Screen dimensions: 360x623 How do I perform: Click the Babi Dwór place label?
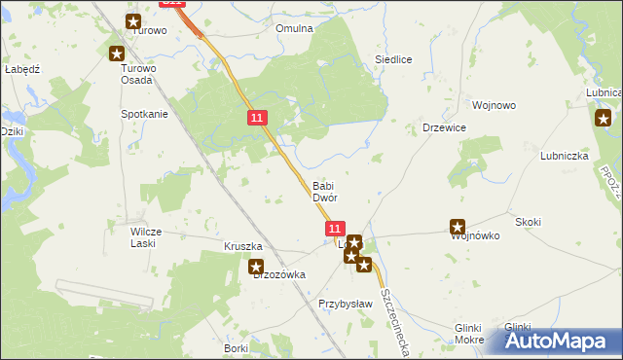pyautogui.click(x=324, y=192)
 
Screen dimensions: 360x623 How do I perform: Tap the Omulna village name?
pyautogui.click(x=294, y=29)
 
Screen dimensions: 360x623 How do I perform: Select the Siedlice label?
pyautogui.click(x=393, y=59)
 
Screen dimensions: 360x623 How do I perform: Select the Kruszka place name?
pyautogui.click(x=243, y=247)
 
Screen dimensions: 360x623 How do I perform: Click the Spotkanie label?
pyautogui.click(x=144, y=114)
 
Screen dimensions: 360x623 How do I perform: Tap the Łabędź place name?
pyautogui.click(x=21, y=70)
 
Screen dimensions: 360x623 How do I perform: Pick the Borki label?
pyautogui.click(x=236, y=347)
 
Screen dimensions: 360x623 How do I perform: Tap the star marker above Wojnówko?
pyautogui.click(x=458, y=227)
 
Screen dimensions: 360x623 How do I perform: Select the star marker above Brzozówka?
pyautogui.click(x=256, y=266)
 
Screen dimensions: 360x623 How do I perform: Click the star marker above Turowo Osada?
pyautogui.click(x=117, y=54)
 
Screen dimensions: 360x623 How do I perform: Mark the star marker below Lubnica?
pyautogui.click(x=603, y=119)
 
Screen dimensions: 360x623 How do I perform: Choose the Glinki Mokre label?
pyautogui.click(x=469, y=334)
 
